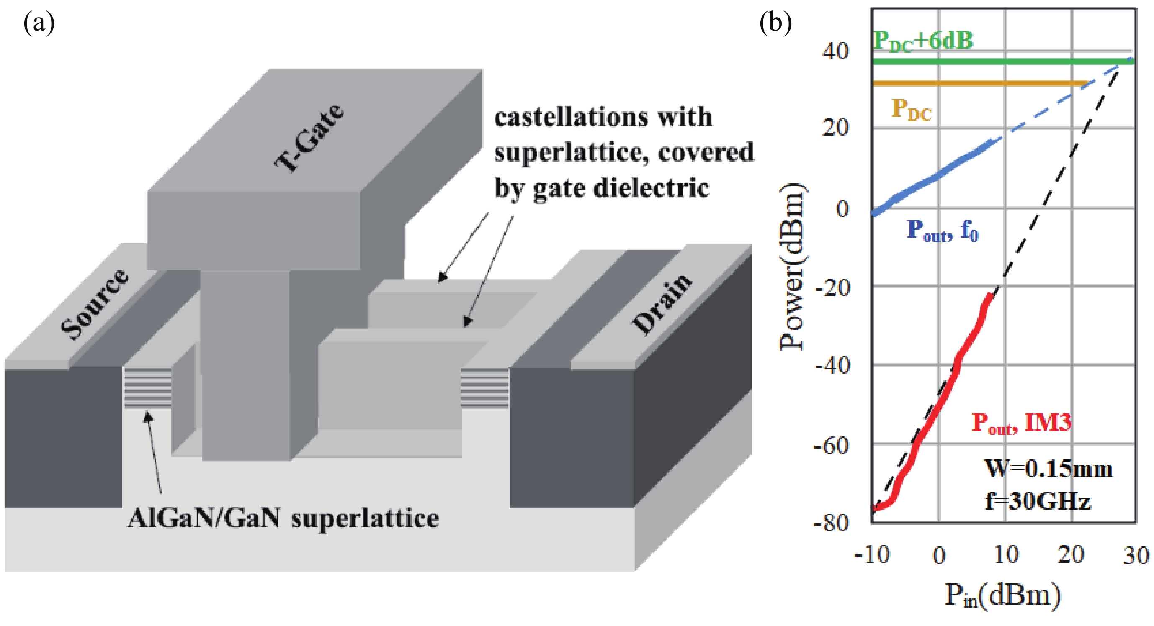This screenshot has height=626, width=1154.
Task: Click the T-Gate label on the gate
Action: click(309, 138)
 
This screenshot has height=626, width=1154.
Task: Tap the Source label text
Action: click(95, 304)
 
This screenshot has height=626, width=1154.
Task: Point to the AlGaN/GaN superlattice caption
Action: click(283, 518)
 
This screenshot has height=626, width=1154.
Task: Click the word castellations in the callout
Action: click(571, 117)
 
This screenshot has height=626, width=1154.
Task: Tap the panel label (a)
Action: click(39, 23)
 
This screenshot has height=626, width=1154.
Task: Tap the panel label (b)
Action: click(775, 23)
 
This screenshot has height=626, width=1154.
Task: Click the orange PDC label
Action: click(911, 109)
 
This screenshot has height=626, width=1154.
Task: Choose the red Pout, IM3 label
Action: click(1021, 422)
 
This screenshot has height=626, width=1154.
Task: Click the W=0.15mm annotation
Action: click(1048, 469)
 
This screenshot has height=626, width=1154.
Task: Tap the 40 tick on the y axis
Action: click(835, 51)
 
